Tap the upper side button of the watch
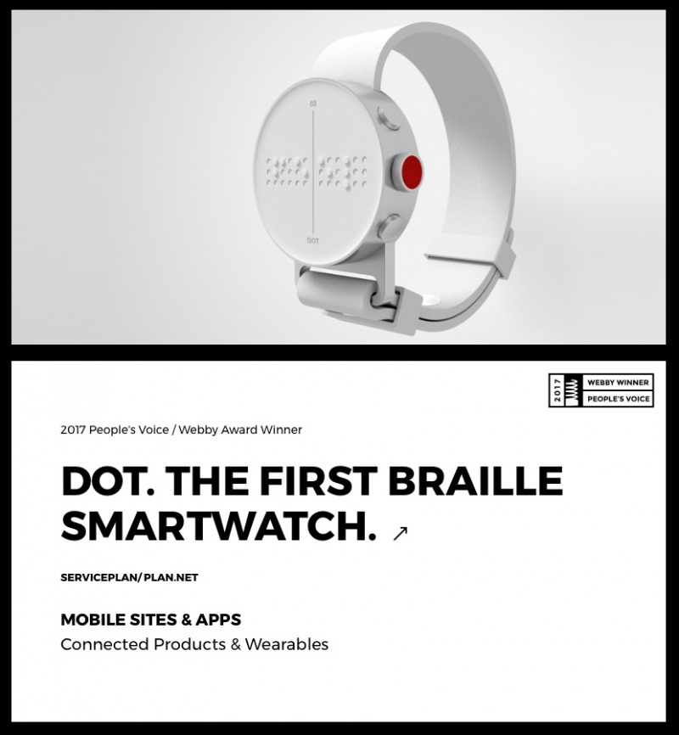(x=388, y=118)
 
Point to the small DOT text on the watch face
(x=313, y=241)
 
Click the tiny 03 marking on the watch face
(x=313, y=104)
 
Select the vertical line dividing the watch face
(x=313, y=171)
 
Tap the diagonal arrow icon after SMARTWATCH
(x=400, y=533)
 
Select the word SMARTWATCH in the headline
(x=218, y=526)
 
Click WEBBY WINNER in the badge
(x=618, y=383)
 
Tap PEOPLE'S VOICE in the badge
(x=618, y=399)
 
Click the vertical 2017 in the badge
(x=557, y=390)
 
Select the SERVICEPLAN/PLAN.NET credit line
(x=129, y=577)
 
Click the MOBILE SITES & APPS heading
(x=151, y=620)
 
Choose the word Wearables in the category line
(x=287, y=644)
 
